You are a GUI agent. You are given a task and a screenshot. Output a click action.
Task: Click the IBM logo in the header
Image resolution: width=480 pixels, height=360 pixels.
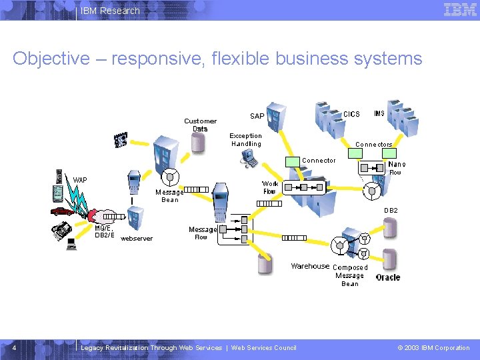[x=460, y=10]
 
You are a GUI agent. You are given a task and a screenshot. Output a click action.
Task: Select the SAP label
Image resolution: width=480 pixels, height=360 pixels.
[x=257, y=116]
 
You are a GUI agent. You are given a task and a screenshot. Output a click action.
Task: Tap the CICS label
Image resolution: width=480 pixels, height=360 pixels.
[x=351, y=114]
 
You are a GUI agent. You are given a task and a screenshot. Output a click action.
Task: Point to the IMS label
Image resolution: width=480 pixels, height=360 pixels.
[x=379, y=114]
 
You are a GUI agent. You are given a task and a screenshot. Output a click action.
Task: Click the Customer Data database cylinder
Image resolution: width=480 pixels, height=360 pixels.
[x=198, y=142]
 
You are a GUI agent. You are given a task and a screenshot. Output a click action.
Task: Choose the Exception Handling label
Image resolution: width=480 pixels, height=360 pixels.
[x=246, y=139]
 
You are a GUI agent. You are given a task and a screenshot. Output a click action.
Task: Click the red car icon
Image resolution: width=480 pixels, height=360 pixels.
[x=62, y=211]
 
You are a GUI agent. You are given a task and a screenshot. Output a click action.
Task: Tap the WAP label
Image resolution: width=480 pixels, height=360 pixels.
[x=80, y=180]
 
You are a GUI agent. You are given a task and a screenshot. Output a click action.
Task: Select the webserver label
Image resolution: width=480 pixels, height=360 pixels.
[x=136, y=238]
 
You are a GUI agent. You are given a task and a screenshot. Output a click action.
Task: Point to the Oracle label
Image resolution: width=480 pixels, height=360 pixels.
[x=388, y=277]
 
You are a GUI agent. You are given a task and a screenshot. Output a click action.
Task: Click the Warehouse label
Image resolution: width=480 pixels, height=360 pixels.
[x=310, y=266]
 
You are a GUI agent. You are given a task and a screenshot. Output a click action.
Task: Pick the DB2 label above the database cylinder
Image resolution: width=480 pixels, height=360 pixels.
[x=391, y=211]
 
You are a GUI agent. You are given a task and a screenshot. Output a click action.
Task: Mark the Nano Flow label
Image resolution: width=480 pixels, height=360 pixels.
[x=396, y=168]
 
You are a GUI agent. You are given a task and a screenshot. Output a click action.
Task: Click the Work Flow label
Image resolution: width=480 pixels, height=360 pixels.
[x=270, y=187]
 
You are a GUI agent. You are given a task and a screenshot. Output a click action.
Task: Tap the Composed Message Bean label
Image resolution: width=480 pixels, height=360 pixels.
[x=350, y=275]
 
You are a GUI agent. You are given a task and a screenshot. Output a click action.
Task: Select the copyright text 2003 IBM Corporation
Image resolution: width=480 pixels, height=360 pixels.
[x=433, y=347]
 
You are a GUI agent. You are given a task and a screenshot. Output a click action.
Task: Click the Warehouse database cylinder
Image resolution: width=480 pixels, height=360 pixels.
[x=265, y=264]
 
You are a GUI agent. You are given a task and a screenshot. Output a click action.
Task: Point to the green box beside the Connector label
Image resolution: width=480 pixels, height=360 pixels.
[x=293, y=161]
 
